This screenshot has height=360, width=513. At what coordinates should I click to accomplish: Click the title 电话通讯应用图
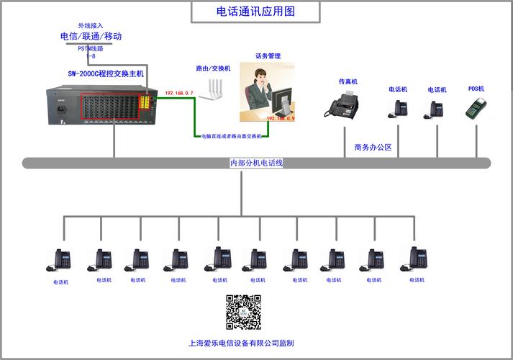(x=255, y=12)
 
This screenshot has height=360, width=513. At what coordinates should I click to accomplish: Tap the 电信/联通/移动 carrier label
(x=91, y=36)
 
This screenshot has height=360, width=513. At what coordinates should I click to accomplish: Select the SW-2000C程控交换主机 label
(x=106, y=73)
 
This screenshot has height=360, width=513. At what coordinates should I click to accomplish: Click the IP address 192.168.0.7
(x=179, y=94)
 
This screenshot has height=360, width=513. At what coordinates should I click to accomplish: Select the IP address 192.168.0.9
(x=281, y=118)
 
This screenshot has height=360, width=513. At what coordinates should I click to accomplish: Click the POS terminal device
(x=474, y=108)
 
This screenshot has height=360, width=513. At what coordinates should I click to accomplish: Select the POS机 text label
(x=476, y=89)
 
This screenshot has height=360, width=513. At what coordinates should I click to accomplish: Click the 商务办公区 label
(x=373, y=148)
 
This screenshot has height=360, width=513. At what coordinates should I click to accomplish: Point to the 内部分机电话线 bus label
(x=257, y=163)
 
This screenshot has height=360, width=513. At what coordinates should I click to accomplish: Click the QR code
(x=243, y=312)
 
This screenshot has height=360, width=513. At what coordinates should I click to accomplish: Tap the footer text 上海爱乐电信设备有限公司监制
(x=241, y=343)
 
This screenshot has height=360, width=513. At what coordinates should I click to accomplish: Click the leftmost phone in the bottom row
(x=61, y=260)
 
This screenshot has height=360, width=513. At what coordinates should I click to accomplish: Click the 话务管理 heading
(x=268, y=55)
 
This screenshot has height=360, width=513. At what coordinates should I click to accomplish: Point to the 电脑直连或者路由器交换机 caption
(x=232, y=135)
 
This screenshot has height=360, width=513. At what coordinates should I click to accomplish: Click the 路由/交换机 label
(x=213, y=68)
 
